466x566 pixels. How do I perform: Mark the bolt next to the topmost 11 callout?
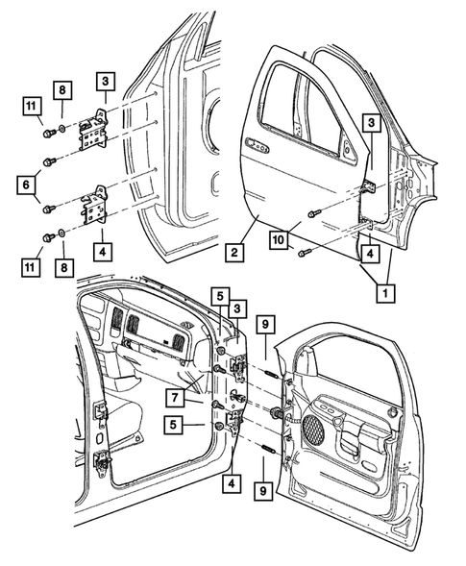[45, 123]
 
